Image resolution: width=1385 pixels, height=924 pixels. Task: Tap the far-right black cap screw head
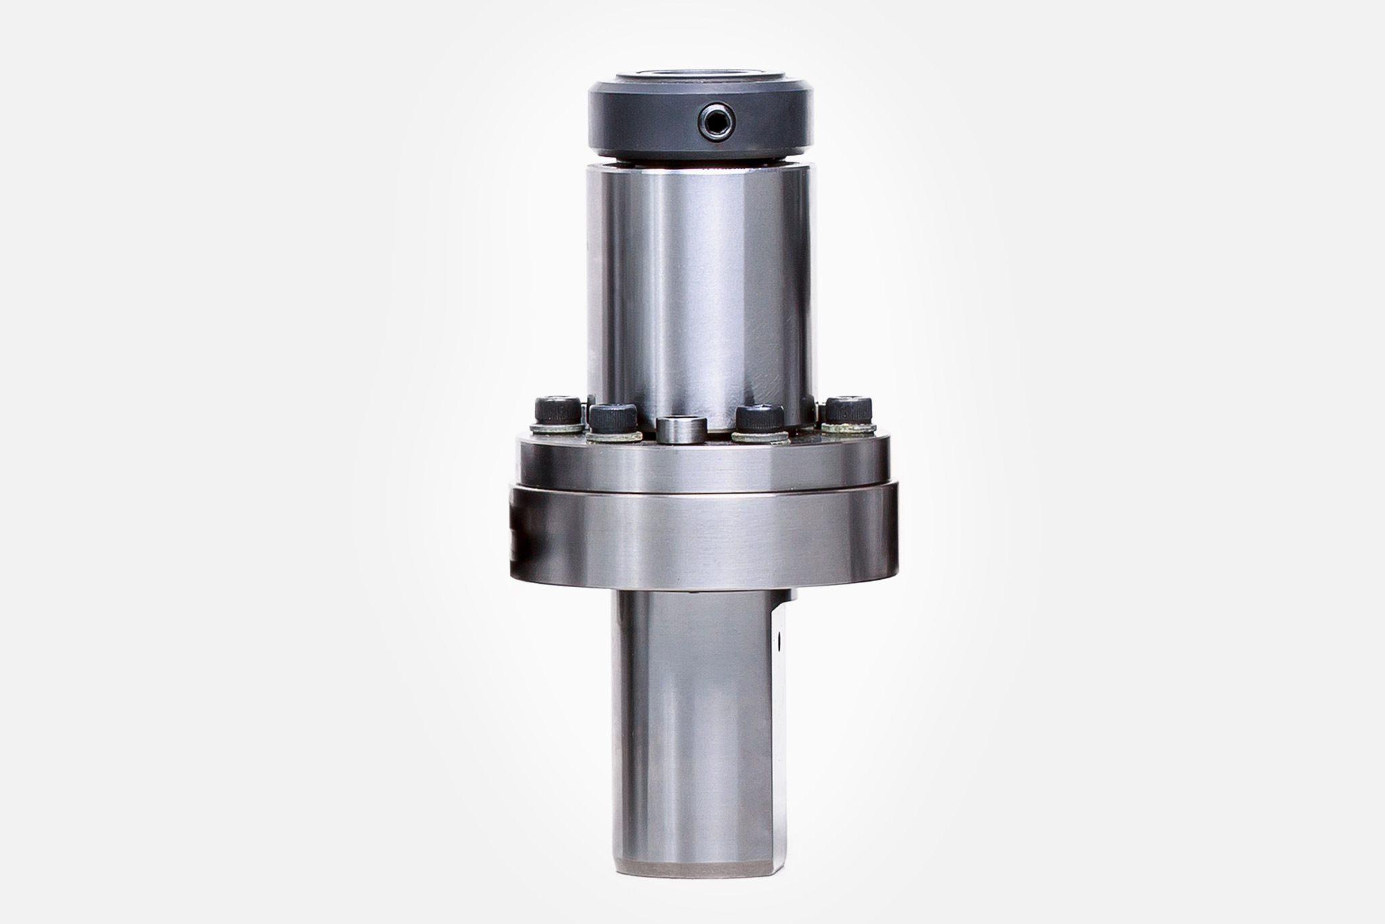pyautogui.click(x=848, y=409)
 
